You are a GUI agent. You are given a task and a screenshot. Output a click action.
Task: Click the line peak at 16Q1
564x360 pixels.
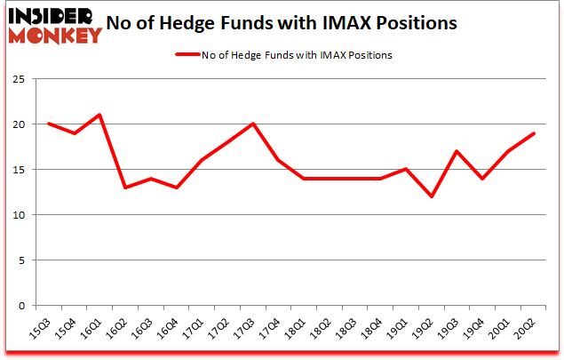pyautogui.click(x=99, y=115)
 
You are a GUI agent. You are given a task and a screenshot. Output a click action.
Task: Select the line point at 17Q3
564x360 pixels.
pyautogui.click(x=254, y=124)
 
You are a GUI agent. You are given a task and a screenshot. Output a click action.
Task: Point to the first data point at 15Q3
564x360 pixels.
pyautogui.click(x=48, y=124)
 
